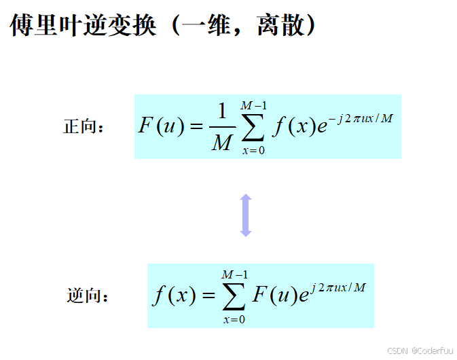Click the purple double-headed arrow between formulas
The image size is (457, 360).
pos(246,215)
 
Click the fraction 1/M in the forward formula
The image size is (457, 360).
pos(221,128)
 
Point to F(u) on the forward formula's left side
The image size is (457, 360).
pos(161,127)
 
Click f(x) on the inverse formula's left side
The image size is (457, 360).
pos(174,295)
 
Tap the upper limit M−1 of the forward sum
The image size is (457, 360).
pos(253,105)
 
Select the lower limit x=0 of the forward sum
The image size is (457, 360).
pos(253,150)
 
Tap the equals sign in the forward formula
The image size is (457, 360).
pos(196,127)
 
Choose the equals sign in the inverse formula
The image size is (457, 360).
pos(206,295)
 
